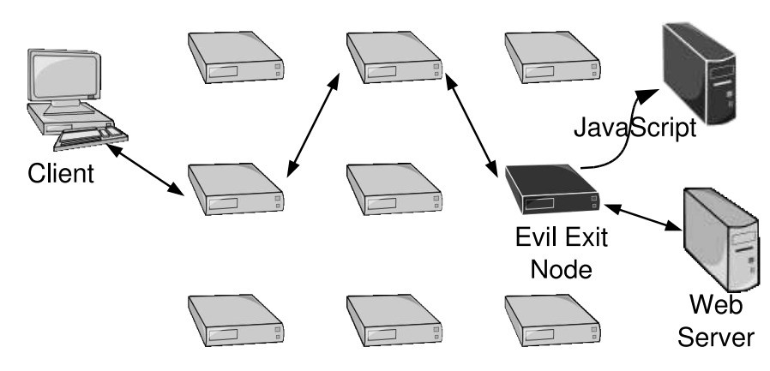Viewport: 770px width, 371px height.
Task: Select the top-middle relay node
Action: click(394, 55)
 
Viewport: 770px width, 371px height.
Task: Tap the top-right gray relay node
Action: click(551, 55)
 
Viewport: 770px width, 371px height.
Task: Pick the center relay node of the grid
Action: click(394, 185)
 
